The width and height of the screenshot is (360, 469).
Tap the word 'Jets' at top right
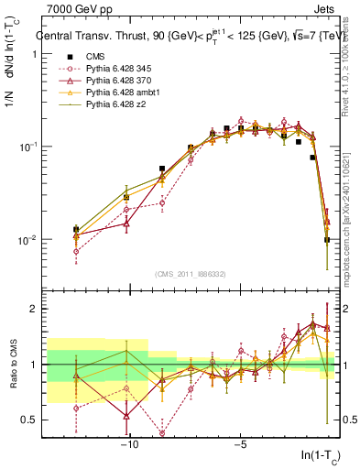(x=317, y=9)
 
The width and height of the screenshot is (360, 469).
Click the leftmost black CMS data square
(x=76, y=229)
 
